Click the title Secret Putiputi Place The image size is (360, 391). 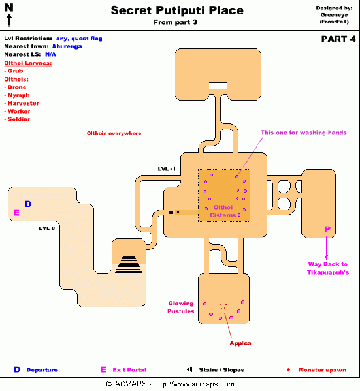coord(176,10)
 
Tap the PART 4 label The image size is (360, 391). coord(338,39)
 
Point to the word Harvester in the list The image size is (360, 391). coord(24,103)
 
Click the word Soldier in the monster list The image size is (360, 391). coord(20,119)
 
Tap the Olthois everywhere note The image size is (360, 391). coord(114,133)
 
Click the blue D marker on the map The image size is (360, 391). coord(27,204)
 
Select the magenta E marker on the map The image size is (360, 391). coord(16,212)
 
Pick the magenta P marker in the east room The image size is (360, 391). coord(327,229)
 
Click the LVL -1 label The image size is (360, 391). coord(167,169)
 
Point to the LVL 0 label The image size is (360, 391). coord(46,228)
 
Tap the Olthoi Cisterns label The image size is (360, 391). coord(223,211)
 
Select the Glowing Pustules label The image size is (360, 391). coord(181,307)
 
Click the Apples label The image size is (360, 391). coord(240,343)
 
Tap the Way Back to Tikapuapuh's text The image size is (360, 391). coord(328,268)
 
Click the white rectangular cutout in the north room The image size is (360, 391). coord(218,86)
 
